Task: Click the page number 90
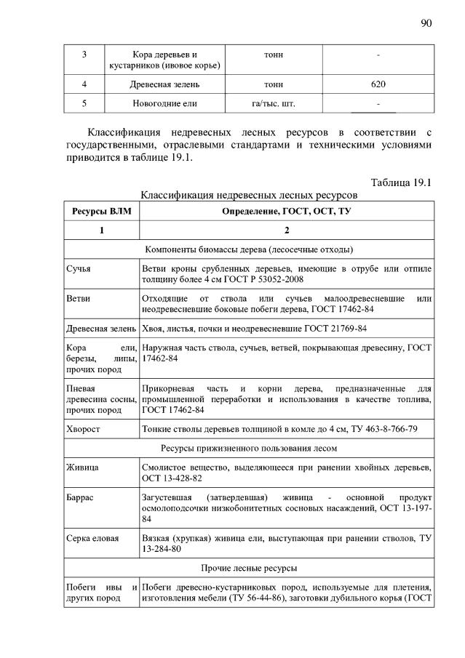(426, 23)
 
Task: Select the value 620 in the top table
(378, 84)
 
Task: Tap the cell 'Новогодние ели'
(164, 104)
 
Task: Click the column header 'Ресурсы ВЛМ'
(101, 211)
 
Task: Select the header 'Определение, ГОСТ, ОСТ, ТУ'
(287, 211)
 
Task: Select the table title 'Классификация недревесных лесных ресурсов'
(249, 195)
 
